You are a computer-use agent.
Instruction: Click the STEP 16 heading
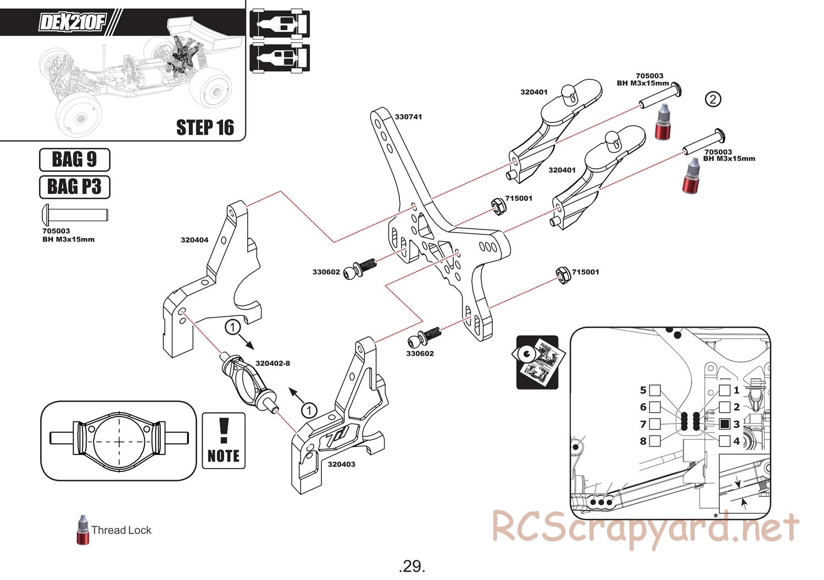pyautogui.click(x=205, y=127)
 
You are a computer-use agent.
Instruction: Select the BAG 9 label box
pyautogui.click(x=75, y=160)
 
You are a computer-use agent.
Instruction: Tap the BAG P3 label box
pyautogui.click(x=75, y=187)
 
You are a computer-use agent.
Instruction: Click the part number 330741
pyautogui.click(x=408, y=117)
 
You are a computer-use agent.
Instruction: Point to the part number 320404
pyautogui.click(x=194, y=240)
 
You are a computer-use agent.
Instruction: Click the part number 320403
pyautogui.click(x=341, y=464)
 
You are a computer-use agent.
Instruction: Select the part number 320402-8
pyautogui.click(x=272, y=363)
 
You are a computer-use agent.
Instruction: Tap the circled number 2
pyautogui.click(x=712, y=99)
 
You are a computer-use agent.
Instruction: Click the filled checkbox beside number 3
pyautogui.click(x=725, y=424)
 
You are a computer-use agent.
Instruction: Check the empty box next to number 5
pyautogui.click(x=655, y=391)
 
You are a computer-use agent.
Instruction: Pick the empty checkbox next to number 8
pyautogui.click(x=655, y=441)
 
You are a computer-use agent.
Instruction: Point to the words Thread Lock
pyautogui.click(x=121, y=530)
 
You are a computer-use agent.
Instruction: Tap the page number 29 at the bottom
pyautogui.click(x=412, y=566)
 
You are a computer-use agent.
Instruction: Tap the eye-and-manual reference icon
pyautogui.click(x=537, y=362)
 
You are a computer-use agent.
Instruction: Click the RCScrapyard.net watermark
pyautogui.click(x=645, y=529)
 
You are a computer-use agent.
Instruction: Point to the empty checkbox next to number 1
pyautogui.click(x=725, y=391)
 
